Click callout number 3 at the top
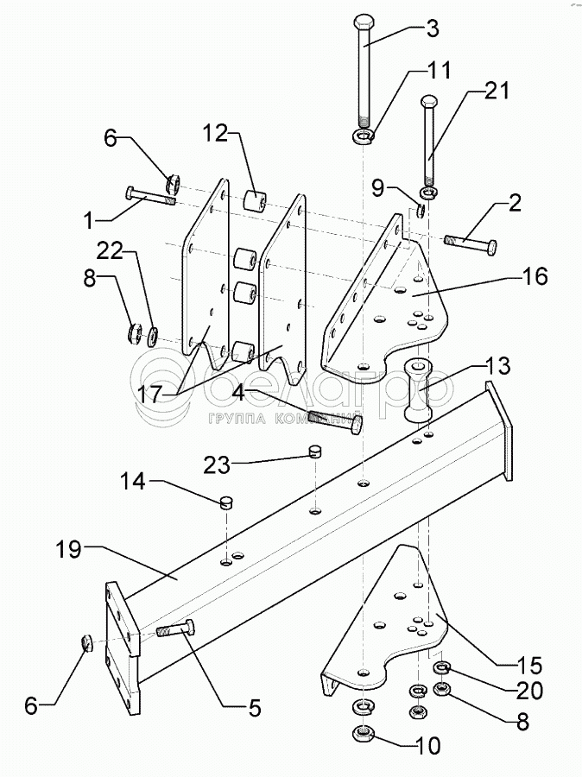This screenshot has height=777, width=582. [x=433, y=28]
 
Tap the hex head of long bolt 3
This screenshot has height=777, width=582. [x=366, y=22]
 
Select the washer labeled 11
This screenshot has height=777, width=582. [x=364, y=136]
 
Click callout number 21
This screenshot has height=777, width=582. [x=497, y=91]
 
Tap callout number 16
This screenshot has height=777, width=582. [x=534, y=275]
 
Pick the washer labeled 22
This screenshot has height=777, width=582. [x=153, y=336]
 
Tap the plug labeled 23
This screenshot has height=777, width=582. [x=314, y=451]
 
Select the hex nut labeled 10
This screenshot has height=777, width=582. [x=364, y=732]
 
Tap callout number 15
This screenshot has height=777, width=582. [x=529, y=666]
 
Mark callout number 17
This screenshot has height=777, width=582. [x=150, y=395]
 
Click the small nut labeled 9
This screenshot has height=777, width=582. [x=421, y=211]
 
